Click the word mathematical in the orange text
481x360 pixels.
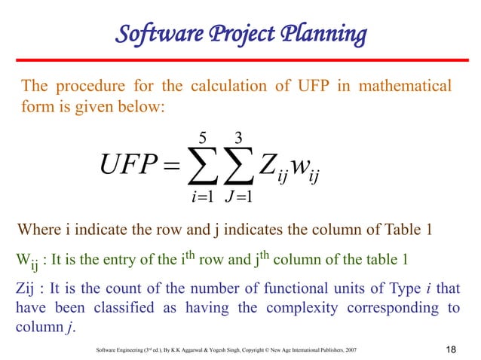point(404,87)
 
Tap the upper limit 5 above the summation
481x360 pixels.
point(201,139)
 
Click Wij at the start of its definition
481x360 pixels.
point(25,262)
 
